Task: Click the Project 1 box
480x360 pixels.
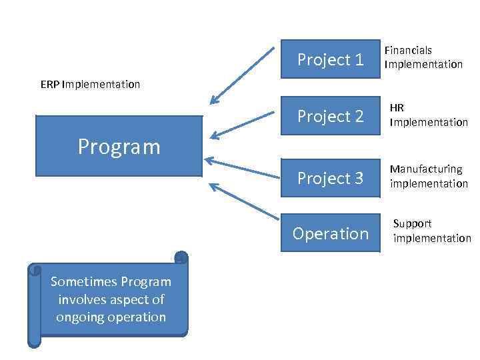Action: point(330,60)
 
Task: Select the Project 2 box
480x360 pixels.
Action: point(330,117)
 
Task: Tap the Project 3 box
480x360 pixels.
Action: point(330,178)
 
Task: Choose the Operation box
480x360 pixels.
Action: point(330,233)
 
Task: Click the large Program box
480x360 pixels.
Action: point(119,146)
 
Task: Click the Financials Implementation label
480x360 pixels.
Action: point(423,57)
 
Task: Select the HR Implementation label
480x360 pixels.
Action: point(429,115)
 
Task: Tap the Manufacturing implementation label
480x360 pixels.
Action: point(429,176)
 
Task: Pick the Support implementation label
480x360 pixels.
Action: point(431,231)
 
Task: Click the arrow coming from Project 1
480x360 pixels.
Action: point(243,75)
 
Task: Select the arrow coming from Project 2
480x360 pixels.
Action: point(243,125)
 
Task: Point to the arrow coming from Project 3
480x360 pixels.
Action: point(243,169)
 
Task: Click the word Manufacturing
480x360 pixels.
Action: point(426,169)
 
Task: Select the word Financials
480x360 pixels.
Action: point(408,51)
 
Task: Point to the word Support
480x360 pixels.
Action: point(412,224)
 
